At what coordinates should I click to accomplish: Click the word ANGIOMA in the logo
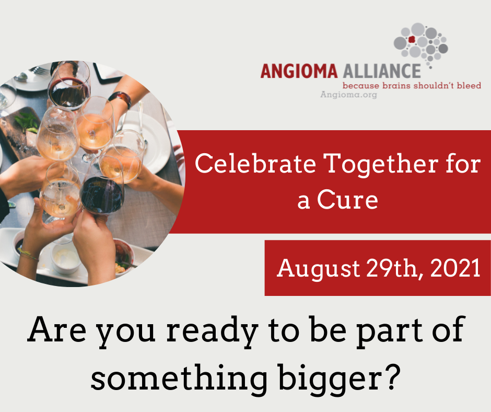299,71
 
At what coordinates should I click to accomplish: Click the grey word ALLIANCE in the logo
382,71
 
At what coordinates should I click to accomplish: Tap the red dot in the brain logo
412,39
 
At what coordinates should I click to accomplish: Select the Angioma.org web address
348,95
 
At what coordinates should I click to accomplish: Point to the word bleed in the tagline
469,85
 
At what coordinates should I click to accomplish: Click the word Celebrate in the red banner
255,163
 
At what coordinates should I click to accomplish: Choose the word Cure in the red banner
347,200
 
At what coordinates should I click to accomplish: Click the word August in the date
319,269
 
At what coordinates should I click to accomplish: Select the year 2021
455,268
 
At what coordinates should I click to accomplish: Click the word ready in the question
212,331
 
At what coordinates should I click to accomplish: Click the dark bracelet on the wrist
121,98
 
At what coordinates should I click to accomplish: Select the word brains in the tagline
396,85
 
